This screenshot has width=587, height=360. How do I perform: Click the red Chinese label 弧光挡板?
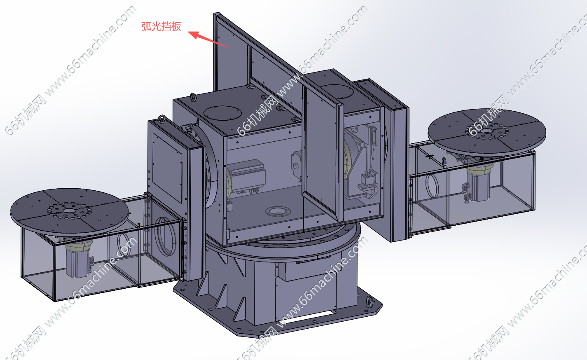pos(161,26)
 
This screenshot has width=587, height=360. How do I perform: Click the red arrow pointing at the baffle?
pos(208,39)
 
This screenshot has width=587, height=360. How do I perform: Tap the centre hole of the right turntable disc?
pos(487,131)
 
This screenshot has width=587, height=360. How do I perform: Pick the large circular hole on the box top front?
pos(222,113)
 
